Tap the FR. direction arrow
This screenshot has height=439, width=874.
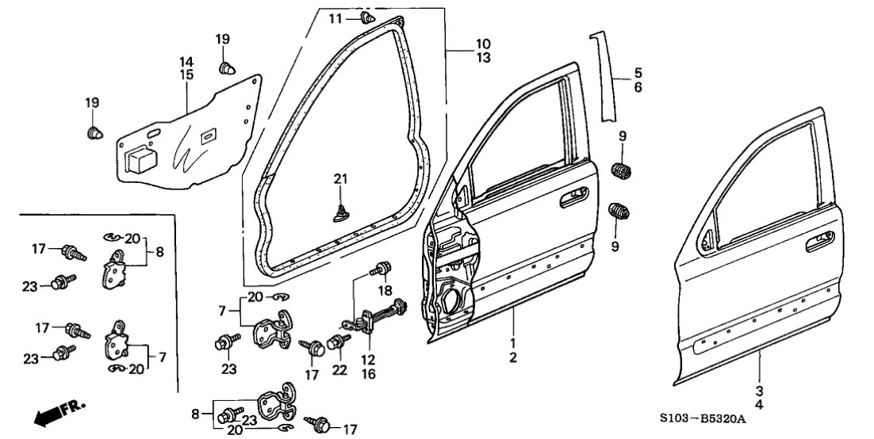(59, 414)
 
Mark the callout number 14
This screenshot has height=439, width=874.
(186, 62)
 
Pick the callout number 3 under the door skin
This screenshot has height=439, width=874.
(759, 391)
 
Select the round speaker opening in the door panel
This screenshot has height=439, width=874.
(454, 301)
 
